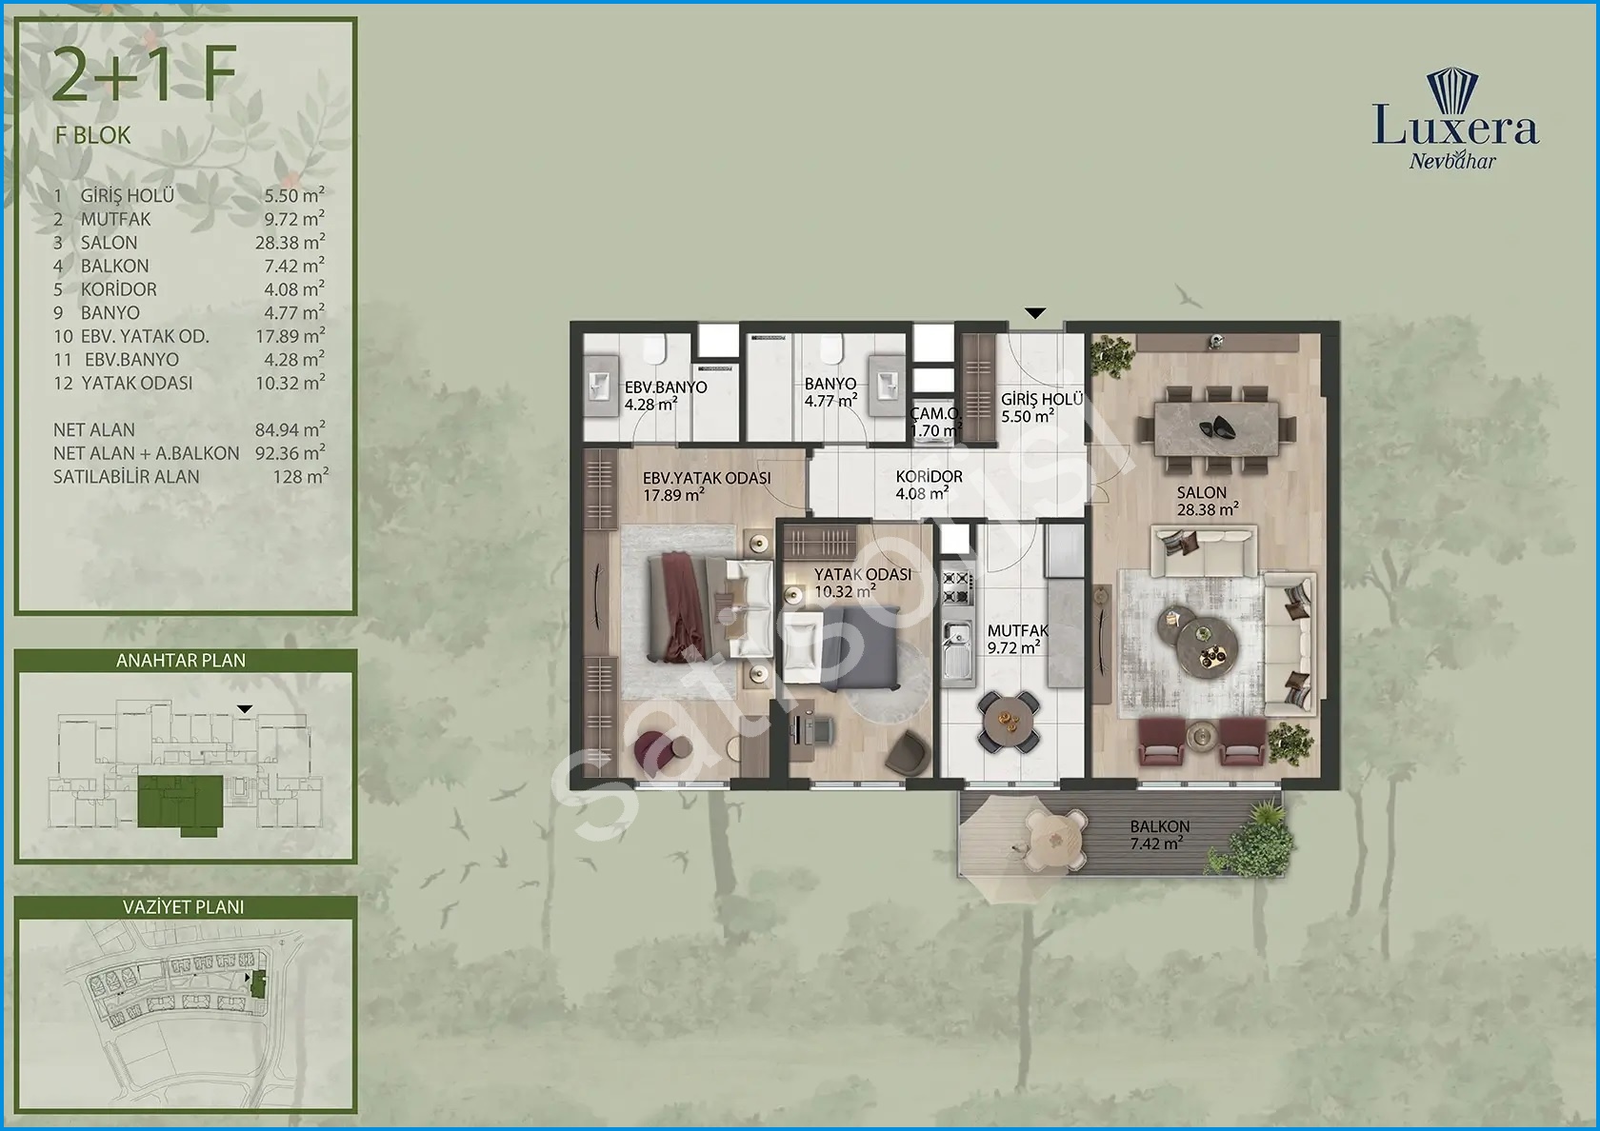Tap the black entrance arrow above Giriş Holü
pos(1035,312)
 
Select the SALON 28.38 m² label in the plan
pos(1208,501)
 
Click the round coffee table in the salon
pos(1198,643)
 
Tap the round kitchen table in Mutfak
pos(1008,721)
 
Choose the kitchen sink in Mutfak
pos(956,649)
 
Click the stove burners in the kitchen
pos(956,586)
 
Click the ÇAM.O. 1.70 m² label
pos(935,422)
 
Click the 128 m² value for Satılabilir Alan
pos(301,476)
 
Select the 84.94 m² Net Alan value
pos(290,429)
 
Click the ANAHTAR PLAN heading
pos(181,661)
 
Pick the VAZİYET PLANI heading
pos(184,906)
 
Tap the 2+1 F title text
pos(145,75)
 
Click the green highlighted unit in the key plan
pos(179,804)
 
